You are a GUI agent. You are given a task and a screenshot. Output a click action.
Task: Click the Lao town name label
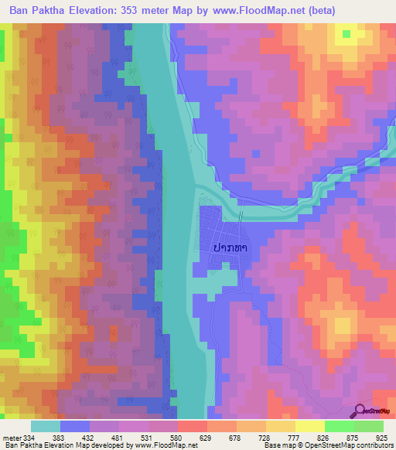point(229,247)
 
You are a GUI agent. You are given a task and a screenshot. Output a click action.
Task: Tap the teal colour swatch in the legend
point(46,426)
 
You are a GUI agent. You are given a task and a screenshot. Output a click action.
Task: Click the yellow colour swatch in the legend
point(310,426)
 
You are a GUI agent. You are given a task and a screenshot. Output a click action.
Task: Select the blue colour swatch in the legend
point(75,426)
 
